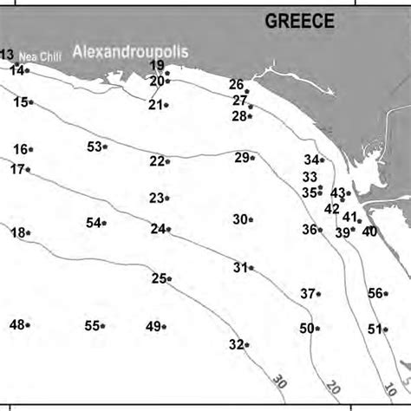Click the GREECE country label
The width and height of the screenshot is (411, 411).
point(299,22)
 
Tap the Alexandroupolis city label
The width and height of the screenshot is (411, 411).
point(130,53)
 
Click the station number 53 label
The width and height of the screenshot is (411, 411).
point(95,147)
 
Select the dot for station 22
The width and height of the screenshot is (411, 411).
point(167,161)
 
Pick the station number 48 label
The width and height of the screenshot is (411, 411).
point(16,325)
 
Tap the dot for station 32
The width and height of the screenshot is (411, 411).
point(247,344)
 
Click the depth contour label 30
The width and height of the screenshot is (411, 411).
point(279,381)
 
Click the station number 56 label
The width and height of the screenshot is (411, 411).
point(375,293)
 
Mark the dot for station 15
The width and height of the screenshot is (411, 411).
point(31,102)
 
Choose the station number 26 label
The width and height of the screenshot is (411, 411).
point(236,84)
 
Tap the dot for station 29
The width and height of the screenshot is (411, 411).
point(252,158)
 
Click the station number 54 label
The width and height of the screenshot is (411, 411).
point(94,223)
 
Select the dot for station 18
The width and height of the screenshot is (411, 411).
point(29,232)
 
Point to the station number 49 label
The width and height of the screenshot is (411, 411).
point(153,326)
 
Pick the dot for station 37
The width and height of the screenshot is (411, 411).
point(318,294)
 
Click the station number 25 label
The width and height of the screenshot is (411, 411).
point(159,278)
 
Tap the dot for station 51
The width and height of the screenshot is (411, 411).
point(386,329)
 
